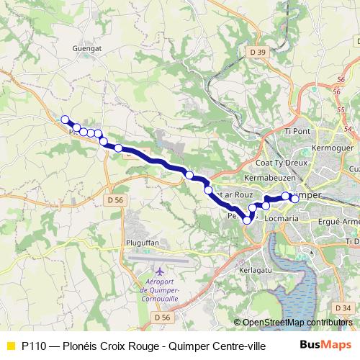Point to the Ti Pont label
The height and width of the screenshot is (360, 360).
tap(297, 131)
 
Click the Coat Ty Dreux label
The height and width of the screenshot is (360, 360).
tap(286, 163)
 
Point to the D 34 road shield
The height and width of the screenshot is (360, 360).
tap(343, 308)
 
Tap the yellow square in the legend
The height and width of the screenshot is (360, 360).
tap(10, 345)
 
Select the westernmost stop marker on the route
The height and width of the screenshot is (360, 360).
tap(65, 120)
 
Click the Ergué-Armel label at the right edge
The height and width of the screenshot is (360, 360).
tap(341, 221)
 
